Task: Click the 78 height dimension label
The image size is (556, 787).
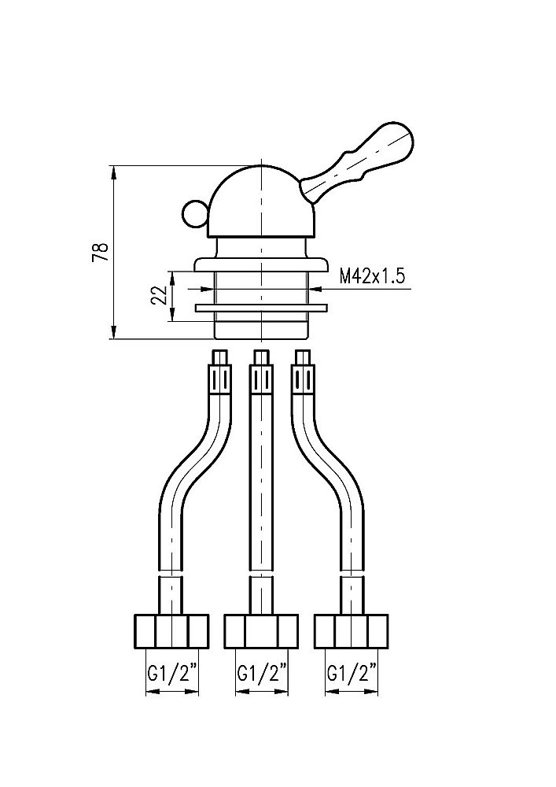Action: pyautogui.click(x=101, y=252)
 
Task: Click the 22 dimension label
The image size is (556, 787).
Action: pyautogui.click(x=158, y=296)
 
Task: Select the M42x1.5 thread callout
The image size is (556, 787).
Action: pyautogui.click(x=372, y=277)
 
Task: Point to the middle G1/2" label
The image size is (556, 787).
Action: pyautogui.click(x=262, y=672)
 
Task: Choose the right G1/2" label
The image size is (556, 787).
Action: pyautogui.click(x=352, y=672)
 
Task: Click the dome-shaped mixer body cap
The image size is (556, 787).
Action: pyautogui.click(x=261, y=201)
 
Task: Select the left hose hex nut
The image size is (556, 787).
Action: pyautogui.click(x=172, y=631)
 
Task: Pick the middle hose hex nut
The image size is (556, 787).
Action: pyautogui.click(x=262, y=631)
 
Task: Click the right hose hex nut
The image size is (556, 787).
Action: pyautogui.click(x=352, y=631)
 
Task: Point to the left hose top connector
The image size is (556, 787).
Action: pyautogui.click(x=221, y=374)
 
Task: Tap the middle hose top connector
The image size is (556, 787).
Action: pyautogui.click(x=261, y=374)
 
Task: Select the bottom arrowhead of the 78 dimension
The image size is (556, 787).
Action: pyautogui.click(x=113, y=332)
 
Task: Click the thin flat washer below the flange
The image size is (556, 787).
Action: pyautogui.click(x=261, y=307)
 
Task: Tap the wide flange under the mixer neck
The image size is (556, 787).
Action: pyautogui.click(x=261, y=264)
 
